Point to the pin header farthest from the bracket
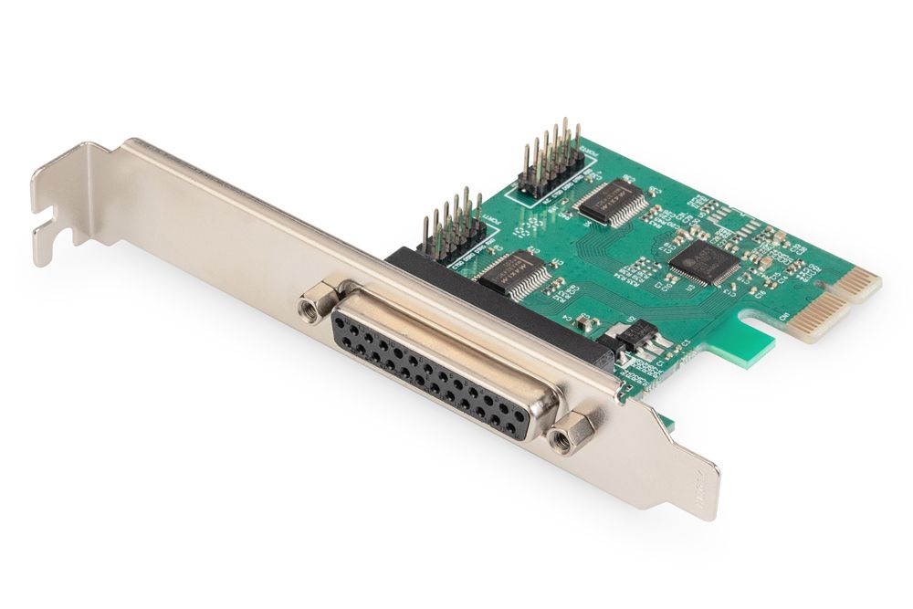pos(551,160)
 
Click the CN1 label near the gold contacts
pos(783,316)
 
